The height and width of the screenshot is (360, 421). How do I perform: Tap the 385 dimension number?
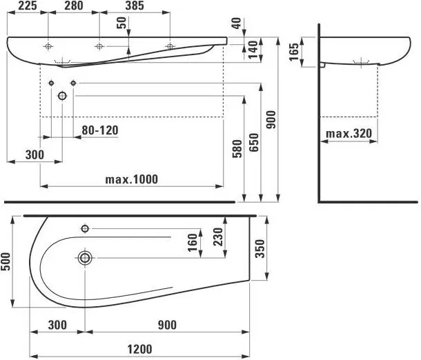135,6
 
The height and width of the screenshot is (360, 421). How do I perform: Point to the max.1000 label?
131,179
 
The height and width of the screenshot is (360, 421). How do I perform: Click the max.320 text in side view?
349,132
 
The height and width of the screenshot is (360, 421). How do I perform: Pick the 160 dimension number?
193,243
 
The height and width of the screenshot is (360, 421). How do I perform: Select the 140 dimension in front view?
253,48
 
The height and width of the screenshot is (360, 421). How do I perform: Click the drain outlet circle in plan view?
85,258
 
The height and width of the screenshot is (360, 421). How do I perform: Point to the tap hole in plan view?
86,228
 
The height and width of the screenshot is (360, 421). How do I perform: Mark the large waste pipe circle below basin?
62,96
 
